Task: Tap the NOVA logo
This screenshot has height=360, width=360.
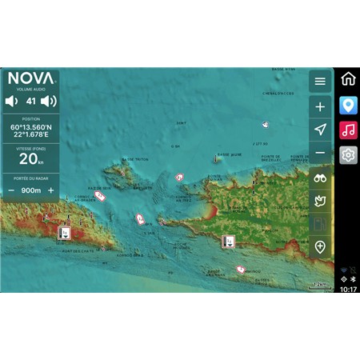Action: coord(31,79)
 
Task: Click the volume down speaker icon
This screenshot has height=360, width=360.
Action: coord(12,102)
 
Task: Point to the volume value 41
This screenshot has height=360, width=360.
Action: coord(31,102)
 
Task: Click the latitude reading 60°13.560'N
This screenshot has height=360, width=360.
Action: coord(31,127)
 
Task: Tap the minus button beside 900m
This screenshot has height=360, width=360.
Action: coord(11,190)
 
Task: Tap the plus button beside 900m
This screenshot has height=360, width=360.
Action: coord(51,190)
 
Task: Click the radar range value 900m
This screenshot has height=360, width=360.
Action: coord(31,190)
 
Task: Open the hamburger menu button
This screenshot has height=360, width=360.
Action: coord(320,82)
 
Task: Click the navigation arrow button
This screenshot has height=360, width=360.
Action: coord(320,130)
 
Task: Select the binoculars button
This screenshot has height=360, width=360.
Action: coord(320,178)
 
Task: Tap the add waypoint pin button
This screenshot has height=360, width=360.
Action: coord(320,247)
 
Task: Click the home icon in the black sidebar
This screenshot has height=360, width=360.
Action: coord(348,79)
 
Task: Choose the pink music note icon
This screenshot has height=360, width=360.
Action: coord(348,130)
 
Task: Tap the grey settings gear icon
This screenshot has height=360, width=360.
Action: coord(348,155)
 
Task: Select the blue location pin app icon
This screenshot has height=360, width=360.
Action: coord(348,105)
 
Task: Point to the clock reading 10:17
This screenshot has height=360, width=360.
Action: coord(348,290)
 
